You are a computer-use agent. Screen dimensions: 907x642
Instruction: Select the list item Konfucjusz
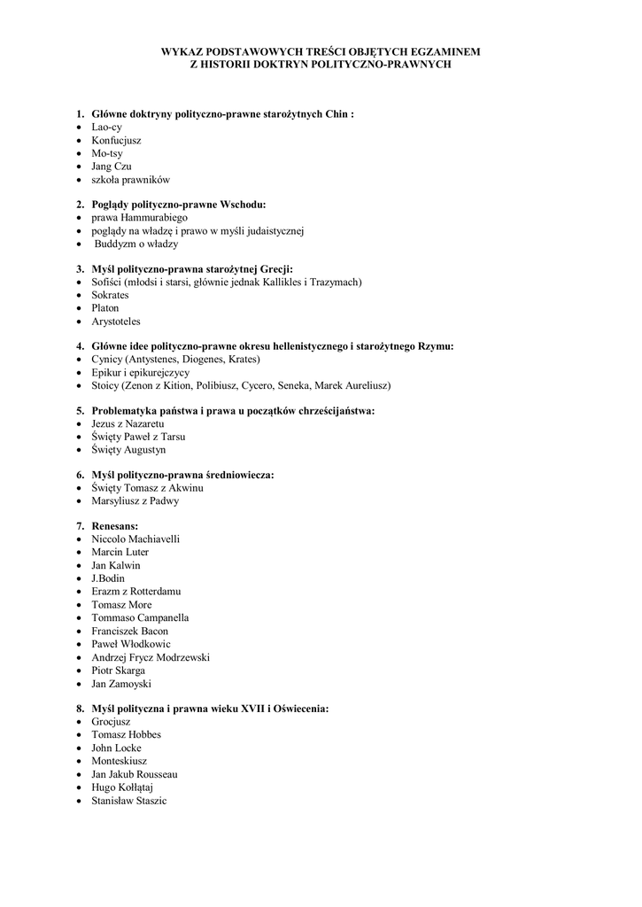116,140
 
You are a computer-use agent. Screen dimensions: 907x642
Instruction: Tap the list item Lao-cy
106,127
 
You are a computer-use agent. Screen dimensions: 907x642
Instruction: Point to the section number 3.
80,269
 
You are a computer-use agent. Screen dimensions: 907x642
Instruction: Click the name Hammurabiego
150,217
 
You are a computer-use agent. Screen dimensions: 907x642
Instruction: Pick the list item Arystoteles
116,322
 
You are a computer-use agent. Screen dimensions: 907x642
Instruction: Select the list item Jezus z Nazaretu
128,424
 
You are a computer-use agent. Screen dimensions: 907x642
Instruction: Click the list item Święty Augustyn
128,450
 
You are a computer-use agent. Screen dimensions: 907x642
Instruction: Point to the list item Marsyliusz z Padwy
135,501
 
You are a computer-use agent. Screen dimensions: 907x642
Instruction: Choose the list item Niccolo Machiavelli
135,539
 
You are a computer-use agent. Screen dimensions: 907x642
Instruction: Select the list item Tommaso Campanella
140,618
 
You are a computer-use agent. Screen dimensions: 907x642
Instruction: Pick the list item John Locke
116,748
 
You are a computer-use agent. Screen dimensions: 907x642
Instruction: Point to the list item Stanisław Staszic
129,801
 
